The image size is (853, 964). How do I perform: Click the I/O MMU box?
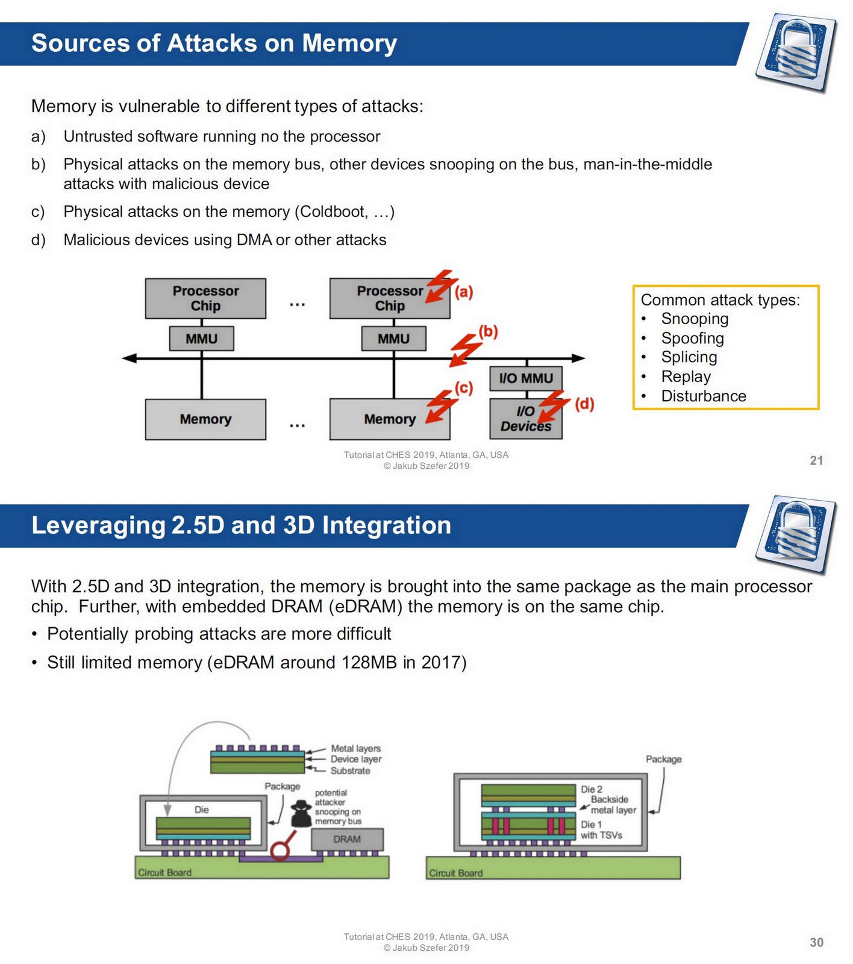[x=525, y=378]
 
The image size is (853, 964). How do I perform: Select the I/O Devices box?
[x=525, y=419]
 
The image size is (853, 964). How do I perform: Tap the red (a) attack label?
[x=463, y=292]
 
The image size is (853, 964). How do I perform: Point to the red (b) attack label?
[x=488, y=331]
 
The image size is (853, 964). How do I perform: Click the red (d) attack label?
[x=584, y=404]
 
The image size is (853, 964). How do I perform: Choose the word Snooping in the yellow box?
[x=695, y=319]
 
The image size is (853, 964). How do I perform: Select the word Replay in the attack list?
[x=686, y=377]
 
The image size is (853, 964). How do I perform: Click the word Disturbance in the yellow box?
[x=704, y=396]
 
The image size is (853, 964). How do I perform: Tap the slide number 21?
[x=816, y=460]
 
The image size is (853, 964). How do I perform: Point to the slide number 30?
[x=816, y=942]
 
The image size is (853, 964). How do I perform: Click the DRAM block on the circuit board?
[x=347, y=839]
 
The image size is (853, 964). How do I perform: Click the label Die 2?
[x=591, y=789]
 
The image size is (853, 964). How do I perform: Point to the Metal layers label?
[x=355, y=748]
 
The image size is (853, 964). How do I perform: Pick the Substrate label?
[x=350, y=771]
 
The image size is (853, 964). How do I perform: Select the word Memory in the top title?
[x=349, y=43]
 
